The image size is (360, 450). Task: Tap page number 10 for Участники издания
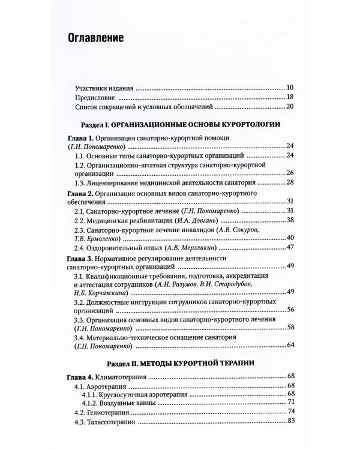coord(289,87)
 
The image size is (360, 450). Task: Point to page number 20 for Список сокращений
coord(289,107)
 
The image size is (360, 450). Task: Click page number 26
coord(289,173)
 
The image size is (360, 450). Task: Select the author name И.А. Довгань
coord(196,221)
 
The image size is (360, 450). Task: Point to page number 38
coord(289,221)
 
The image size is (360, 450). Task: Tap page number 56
coord(289,309)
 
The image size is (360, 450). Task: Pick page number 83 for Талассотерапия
coord(289,422)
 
